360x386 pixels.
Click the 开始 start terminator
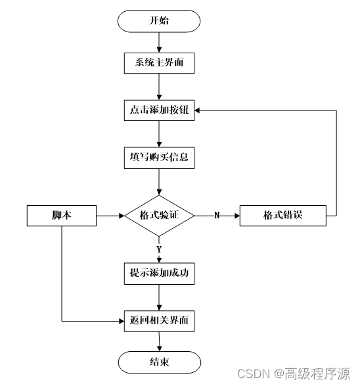(x=159, y=21)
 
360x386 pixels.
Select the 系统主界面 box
(x=159, y=63)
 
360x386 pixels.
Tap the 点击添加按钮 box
(x=159, y=110)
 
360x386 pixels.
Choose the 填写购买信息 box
(x=159, y=158)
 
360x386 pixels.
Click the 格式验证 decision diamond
(x=159, y=216)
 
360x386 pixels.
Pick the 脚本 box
(x=62, y=216)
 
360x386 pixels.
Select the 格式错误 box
(x=282, y=216)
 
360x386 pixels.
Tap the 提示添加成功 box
(x=159, y=274)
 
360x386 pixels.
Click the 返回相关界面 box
(x=159, y=321)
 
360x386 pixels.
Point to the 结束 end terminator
(x=160, y=362)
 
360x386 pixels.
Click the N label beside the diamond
(x=217, y=216)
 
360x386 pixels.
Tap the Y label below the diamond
(x=159, y=249)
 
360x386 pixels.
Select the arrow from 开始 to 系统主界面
(x=159, y=42)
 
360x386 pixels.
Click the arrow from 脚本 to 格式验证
(x=110, y=216)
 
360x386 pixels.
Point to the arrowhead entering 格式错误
(x=237, y=216)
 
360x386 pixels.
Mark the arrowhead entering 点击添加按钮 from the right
(x=197, y=110)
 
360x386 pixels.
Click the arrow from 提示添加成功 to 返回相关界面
(x=159, y=298)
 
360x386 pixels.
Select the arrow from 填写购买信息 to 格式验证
(x=159, y=182)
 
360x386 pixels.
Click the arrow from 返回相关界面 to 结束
(x=160, y=341)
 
